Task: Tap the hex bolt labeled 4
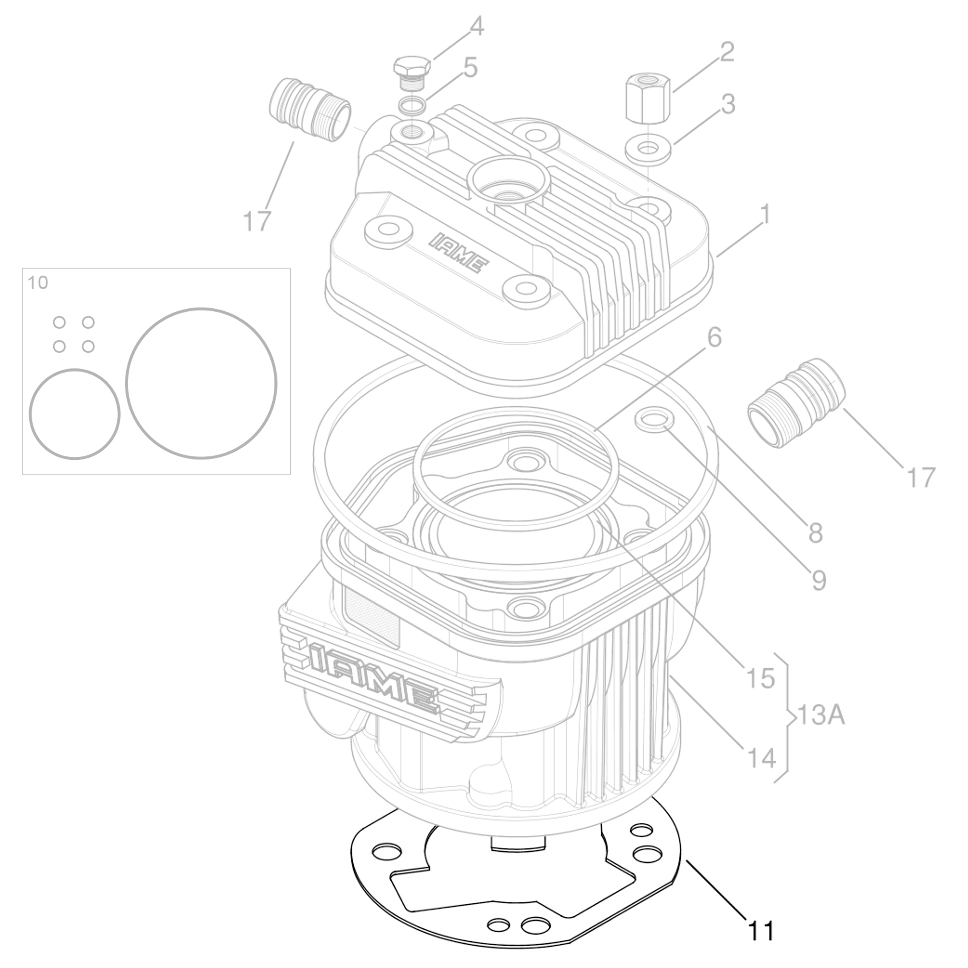coord(412,70)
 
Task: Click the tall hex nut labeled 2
coord(648,97)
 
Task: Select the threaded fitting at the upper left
coord(310,110)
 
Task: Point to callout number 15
coord(760,678)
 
